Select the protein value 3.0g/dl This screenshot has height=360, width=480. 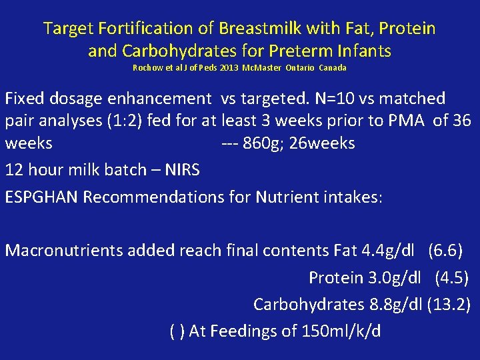click(x=393, y=277)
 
